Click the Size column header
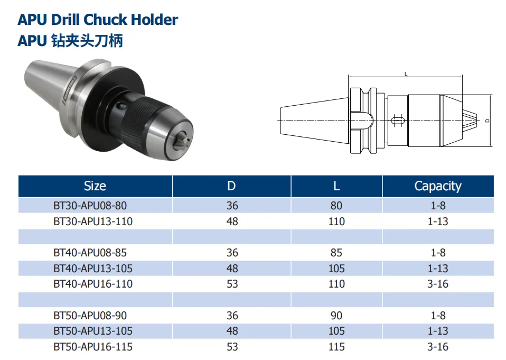tap(95, 186)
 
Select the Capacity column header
tap(438, 186)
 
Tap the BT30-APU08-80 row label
tap(90, 206)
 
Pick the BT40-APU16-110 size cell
tap(93, 284)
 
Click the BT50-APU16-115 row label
tap(93, 347)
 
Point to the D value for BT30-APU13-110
tap(232, 221)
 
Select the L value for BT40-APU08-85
tap(336, 253)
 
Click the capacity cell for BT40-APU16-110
tap(438, 284)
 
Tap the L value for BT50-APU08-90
tap(336, 316)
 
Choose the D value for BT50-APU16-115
tap(232, 347)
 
